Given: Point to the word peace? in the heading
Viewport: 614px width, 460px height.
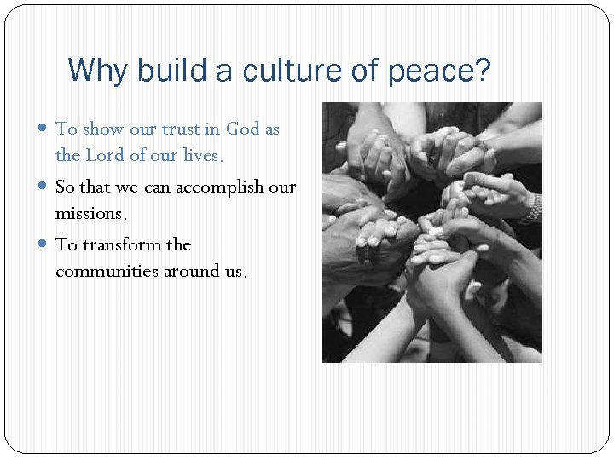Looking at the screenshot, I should tap(439, 71).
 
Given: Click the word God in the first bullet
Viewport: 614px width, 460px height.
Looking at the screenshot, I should tap(242, 129).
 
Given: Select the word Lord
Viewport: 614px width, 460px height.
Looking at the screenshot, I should tap(105, 156).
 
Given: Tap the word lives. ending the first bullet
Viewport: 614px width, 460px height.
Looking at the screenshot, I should tap(202, 156).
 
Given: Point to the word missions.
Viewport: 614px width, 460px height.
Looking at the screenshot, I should tap(90, 213).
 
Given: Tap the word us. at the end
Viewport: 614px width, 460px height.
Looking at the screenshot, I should tap(236, 271).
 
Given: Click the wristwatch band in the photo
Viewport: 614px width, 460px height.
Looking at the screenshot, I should tap(534, 206).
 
